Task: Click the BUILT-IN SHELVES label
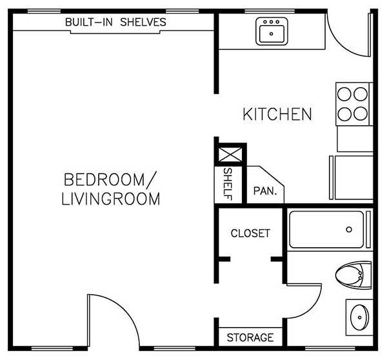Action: pos(115,22)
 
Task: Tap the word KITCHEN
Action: pos(277,115)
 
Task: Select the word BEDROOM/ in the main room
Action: pos(110,179)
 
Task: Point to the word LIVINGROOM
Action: pos(110,199)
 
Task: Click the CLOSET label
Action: pos(250,233)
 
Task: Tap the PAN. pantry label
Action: pos(264,191)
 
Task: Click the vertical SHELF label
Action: pos(228,184)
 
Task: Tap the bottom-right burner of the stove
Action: pos(361,114)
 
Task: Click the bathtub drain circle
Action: pos(349,229)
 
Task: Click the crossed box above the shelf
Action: pos(230,155)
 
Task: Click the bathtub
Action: pos(328,230)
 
